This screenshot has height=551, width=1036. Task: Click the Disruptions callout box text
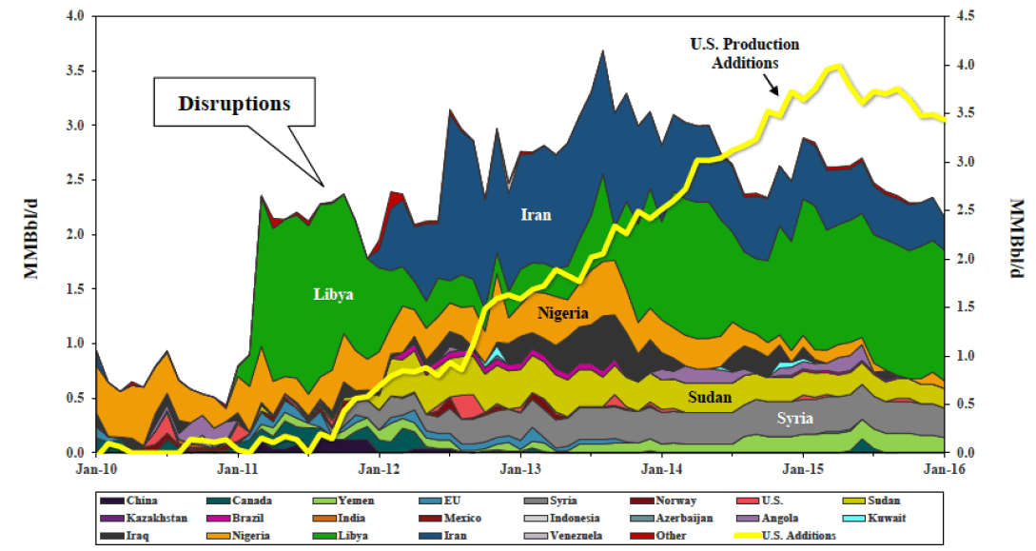pos(233,102)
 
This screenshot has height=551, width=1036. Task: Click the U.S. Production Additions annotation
pos(744,53)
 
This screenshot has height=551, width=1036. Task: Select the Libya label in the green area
pos(333,294)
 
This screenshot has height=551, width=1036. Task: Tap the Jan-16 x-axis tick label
pos(942,468)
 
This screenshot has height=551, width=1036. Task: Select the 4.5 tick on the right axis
pos(964,17)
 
